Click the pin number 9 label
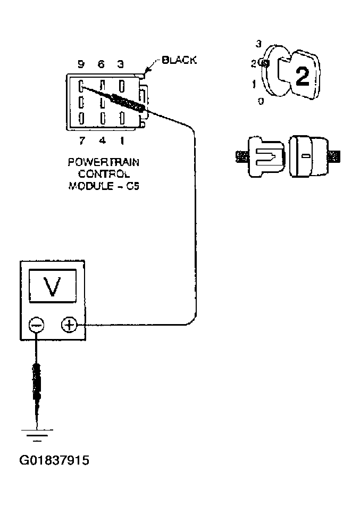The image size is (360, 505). (81, 64)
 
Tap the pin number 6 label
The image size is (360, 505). (101, 64)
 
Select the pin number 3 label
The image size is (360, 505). (121, 64)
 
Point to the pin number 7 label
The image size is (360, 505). (81, 141)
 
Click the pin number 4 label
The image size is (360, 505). (101, 141)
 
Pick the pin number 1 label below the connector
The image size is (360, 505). (122, 141)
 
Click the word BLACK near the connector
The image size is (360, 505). (179, 60)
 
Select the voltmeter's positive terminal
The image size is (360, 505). (69, 325)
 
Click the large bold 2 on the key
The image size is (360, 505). (302, 77)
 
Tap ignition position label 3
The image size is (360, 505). (259, 44)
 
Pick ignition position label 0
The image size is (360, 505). (261, 101)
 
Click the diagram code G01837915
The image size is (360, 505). (54, 460)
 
